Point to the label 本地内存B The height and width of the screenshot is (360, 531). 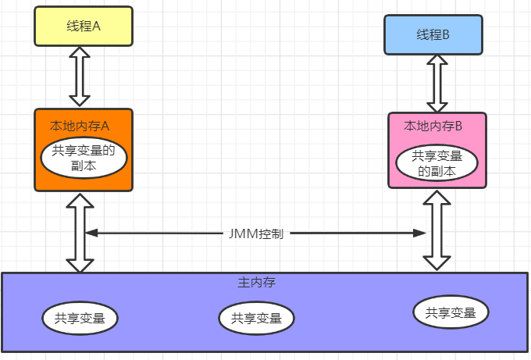point(433,125)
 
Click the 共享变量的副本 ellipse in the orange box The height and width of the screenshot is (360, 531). point(84,159)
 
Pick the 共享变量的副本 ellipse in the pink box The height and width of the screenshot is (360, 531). point(437,163)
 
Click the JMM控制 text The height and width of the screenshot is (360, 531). point(255,233)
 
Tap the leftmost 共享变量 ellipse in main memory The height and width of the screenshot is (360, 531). point(81,318)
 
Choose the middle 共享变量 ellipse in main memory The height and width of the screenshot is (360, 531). point(257,318)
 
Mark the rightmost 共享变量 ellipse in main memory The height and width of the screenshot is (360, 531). point(451,312)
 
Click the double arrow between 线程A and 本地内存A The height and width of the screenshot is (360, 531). point(80,76)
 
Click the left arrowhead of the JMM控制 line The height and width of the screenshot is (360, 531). point(90,233)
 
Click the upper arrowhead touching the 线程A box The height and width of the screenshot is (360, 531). point(80,53)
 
